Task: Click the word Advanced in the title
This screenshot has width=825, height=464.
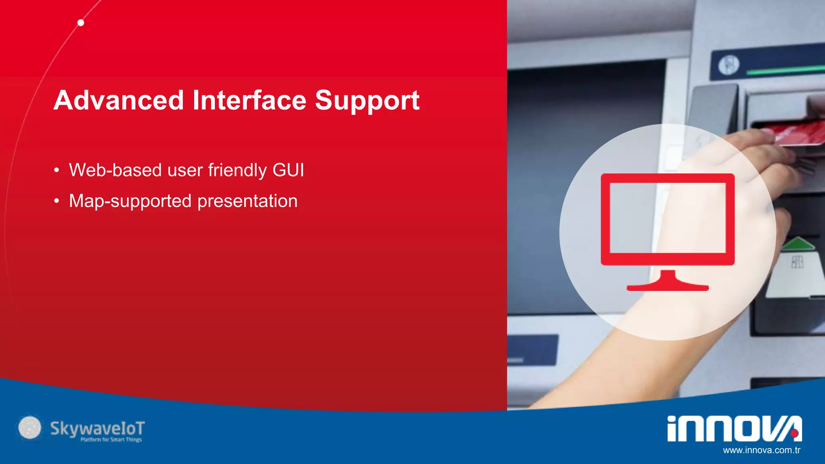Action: click(119, 100)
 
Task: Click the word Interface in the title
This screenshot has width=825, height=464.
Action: click(249, 100)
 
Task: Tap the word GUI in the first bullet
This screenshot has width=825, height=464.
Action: click(288, 170)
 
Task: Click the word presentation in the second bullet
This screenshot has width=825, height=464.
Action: click(247, 201)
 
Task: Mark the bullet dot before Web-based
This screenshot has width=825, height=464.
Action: click(57, 170)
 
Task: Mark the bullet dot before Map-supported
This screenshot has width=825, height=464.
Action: click(57, 201)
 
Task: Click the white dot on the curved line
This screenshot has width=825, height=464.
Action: click(81, 23)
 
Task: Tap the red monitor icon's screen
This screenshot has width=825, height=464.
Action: click(667, 218)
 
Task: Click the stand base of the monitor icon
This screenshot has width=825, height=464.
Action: click(667, 287)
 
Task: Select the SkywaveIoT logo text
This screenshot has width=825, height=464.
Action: click(97, 429)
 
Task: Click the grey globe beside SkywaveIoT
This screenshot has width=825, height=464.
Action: click(30, 427)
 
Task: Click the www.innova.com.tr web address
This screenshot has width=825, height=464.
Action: click(761, 450)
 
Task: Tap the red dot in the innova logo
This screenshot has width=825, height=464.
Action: click(794, 433)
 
